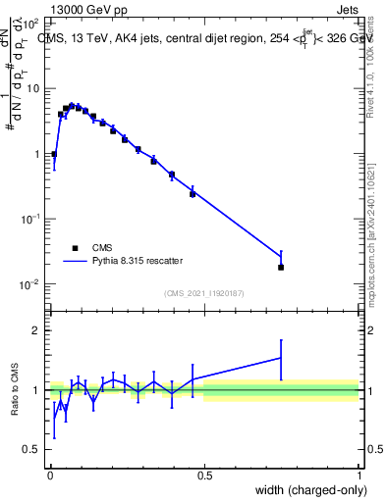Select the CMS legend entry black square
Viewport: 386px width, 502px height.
[x=75, y=248]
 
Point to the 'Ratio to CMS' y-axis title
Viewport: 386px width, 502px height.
[x=17, y=389]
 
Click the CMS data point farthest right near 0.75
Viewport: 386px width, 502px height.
[x=281, y=267]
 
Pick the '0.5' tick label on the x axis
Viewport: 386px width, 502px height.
[x=204, y=476]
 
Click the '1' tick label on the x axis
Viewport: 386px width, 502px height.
[x=359, y=476]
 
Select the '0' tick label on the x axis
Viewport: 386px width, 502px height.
[x=50, y=476]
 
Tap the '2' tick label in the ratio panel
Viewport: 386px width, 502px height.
[x=36, y=330]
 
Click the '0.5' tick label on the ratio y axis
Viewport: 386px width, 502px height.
[x=31, y=450]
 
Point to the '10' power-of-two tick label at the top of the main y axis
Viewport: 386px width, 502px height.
[x=30, y=22]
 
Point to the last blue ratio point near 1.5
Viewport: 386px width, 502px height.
[x=281, y=358]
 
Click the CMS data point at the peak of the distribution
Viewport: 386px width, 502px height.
[x=72, y=106]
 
